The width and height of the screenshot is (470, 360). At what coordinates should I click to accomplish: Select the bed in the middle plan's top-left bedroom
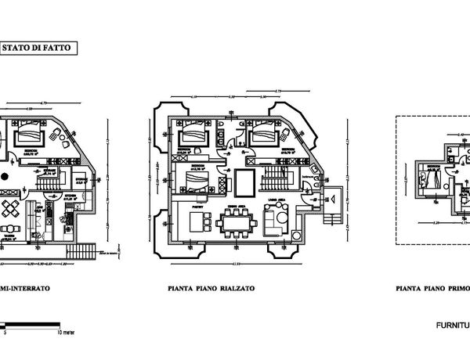click(191, 134)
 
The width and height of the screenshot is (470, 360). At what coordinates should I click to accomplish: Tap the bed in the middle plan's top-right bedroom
click(261, 134)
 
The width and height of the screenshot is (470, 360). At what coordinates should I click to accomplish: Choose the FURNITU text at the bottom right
click(452, 322)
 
